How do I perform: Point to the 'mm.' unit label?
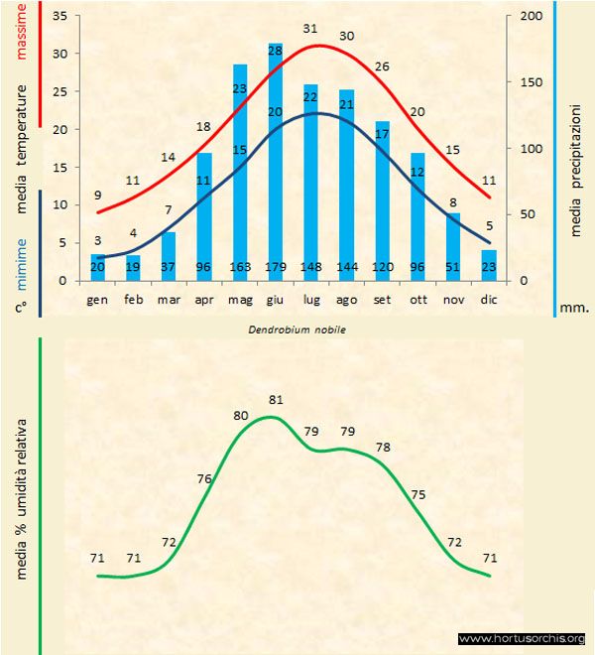pos(573,308)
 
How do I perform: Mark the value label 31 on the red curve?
pos(311,28)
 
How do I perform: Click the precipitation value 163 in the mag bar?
pos(240,267)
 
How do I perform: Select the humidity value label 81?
pos(277,400)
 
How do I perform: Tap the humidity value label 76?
pos(204,479)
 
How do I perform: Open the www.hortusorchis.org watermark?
pos(523,639)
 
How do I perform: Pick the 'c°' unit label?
pos(21,308)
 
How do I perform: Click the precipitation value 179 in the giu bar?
pos(276,267)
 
